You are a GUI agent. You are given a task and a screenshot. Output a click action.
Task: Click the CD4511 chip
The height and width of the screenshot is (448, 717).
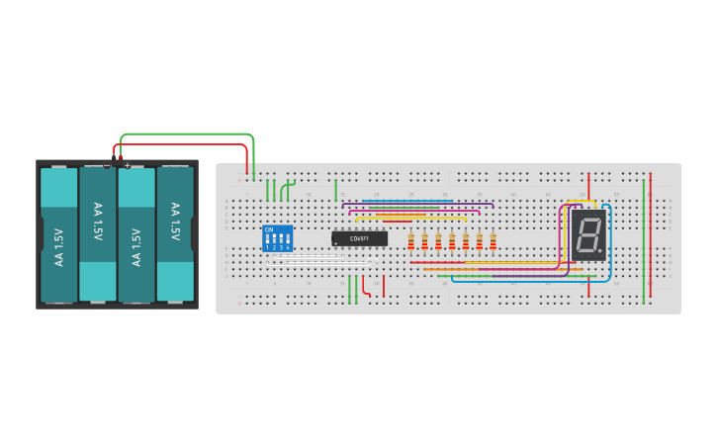pos(359,238)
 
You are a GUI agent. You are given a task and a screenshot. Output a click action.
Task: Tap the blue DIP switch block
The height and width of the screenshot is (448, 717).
pos(278,238)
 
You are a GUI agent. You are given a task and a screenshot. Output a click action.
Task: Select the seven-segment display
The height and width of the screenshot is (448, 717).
pos(588,234)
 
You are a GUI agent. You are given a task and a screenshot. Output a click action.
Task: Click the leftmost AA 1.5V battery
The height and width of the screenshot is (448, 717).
pos(58,234)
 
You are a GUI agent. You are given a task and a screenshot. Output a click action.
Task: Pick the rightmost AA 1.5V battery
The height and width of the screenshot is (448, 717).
pos(175,234)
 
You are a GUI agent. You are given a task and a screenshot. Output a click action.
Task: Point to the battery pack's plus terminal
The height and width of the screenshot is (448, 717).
pos(127,164)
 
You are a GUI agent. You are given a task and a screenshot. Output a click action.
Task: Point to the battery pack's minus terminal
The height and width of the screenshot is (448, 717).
pos(107,164)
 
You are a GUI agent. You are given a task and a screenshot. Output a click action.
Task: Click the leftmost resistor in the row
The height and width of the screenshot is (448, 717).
pos(410,241)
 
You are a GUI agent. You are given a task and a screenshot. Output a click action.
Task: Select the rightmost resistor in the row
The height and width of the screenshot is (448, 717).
pos(493,241)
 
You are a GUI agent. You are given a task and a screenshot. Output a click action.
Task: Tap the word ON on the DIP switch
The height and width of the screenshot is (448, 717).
pos(269,229)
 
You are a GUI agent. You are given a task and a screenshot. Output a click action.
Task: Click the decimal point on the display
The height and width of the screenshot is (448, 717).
pos(599,250)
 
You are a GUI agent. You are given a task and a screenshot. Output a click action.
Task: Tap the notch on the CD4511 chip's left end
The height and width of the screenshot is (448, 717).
pos(334,238)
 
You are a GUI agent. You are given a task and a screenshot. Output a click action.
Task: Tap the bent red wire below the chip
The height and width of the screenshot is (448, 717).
pos(367,288)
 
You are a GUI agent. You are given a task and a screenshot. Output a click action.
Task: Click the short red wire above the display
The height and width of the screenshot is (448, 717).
pos(588,185)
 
